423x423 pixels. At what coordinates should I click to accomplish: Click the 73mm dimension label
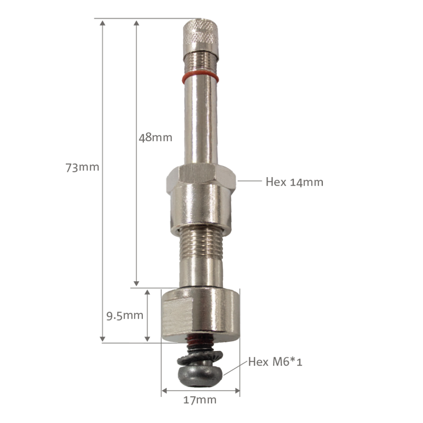82,167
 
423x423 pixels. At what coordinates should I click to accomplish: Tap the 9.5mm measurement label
124,315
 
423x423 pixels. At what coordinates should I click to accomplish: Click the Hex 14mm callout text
294,182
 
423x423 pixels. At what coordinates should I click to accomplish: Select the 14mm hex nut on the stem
200,176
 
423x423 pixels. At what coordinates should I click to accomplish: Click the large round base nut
201,313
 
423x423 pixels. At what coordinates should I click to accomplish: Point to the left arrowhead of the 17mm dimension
164,390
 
